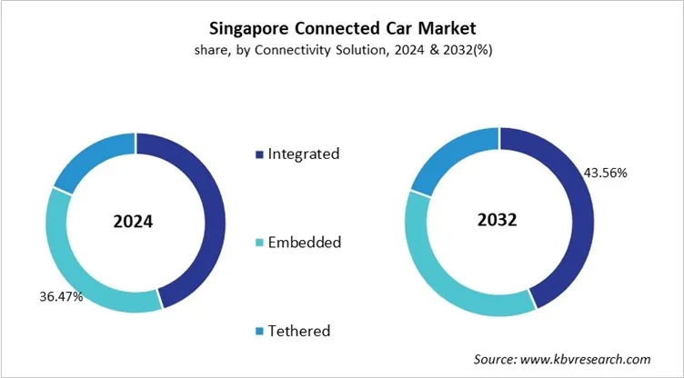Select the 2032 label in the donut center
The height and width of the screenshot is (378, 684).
click(498, 222)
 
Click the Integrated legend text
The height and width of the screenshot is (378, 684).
click(303, 154)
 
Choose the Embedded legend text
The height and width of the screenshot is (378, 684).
click(304, 242)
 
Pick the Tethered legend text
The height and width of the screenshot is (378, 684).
click(298, 330)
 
